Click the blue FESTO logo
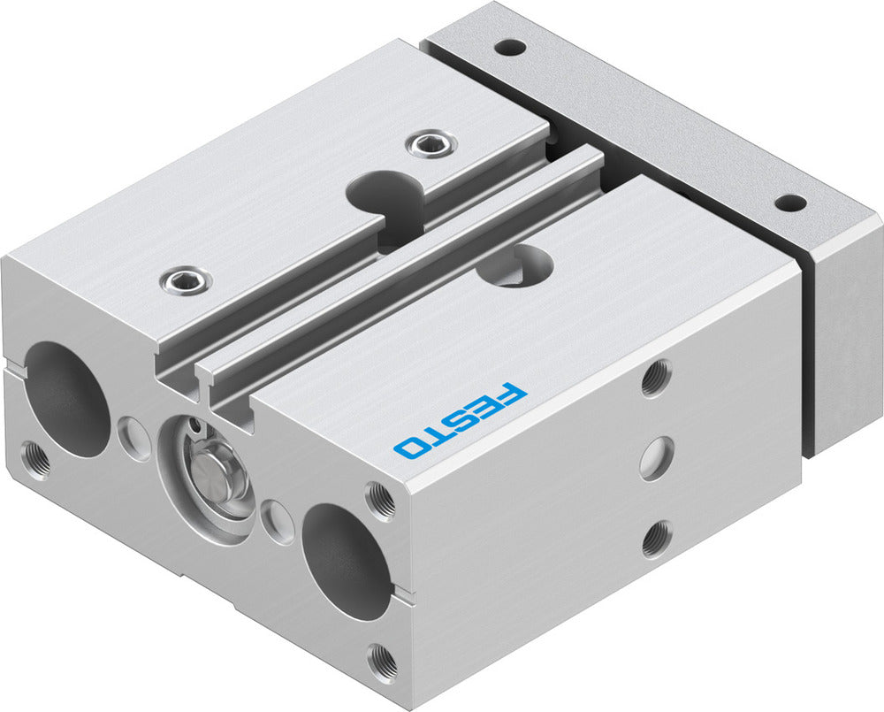tap(460, 420)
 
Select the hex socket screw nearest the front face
tap(186, 281)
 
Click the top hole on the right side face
tap(655, 379)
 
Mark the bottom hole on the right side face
tap(655, 539)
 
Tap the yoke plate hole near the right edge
tap(789, 203)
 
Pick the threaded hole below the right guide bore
tap(383, 659)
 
